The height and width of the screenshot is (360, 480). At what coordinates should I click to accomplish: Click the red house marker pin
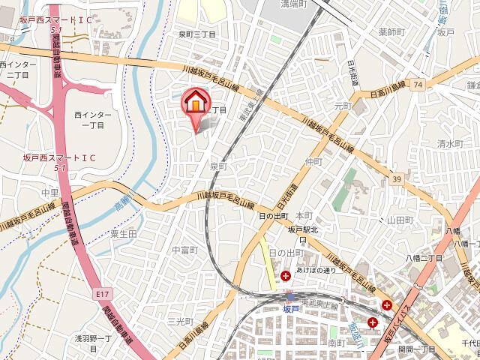194,102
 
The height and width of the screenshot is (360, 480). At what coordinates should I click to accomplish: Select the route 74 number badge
416,86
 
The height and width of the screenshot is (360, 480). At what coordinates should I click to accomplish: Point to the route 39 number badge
395,178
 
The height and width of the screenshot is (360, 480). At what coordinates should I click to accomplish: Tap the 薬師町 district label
391,32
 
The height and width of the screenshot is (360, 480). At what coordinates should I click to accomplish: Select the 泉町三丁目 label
197,34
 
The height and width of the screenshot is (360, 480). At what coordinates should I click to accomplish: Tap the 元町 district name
342,106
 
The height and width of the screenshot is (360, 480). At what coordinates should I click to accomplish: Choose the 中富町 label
184,250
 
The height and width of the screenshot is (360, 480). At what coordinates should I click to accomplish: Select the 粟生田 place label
123,234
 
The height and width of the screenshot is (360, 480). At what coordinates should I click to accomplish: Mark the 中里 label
29,192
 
